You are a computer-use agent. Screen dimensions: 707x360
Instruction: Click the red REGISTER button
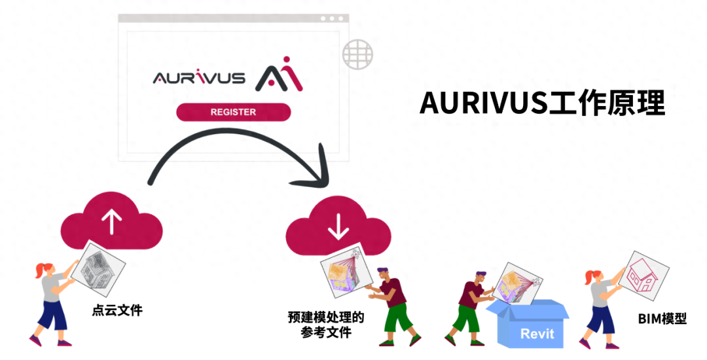[233, 112]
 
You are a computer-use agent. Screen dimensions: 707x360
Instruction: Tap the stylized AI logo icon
[279, 74]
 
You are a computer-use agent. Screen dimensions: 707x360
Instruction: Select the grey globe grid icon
[357, 54]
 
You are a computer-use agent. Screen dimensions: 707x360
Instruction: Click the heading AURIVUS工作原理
[543, 103]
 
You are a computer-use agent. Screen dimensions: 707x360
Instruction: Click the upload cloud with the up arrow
[111, 221]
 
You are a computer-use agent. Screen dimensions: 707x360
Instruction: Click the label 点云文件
[117, 310]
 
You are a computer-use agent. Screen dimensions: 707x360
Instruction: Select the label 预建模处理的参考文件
[325, 325]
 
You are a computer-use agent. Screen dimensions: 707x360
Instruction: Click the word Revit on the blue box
[537, 334]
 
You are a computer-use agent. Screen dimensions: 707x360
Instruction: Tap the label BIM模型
[662, 319]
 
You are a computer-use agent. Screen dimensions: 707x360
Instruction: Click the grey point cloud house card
[98, 270]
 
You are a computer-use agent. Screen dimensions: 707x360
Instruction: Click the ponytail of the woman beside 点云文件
[40, 270]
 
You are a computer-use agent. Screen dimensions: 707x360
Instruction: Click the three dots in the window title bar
[332, 18]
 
